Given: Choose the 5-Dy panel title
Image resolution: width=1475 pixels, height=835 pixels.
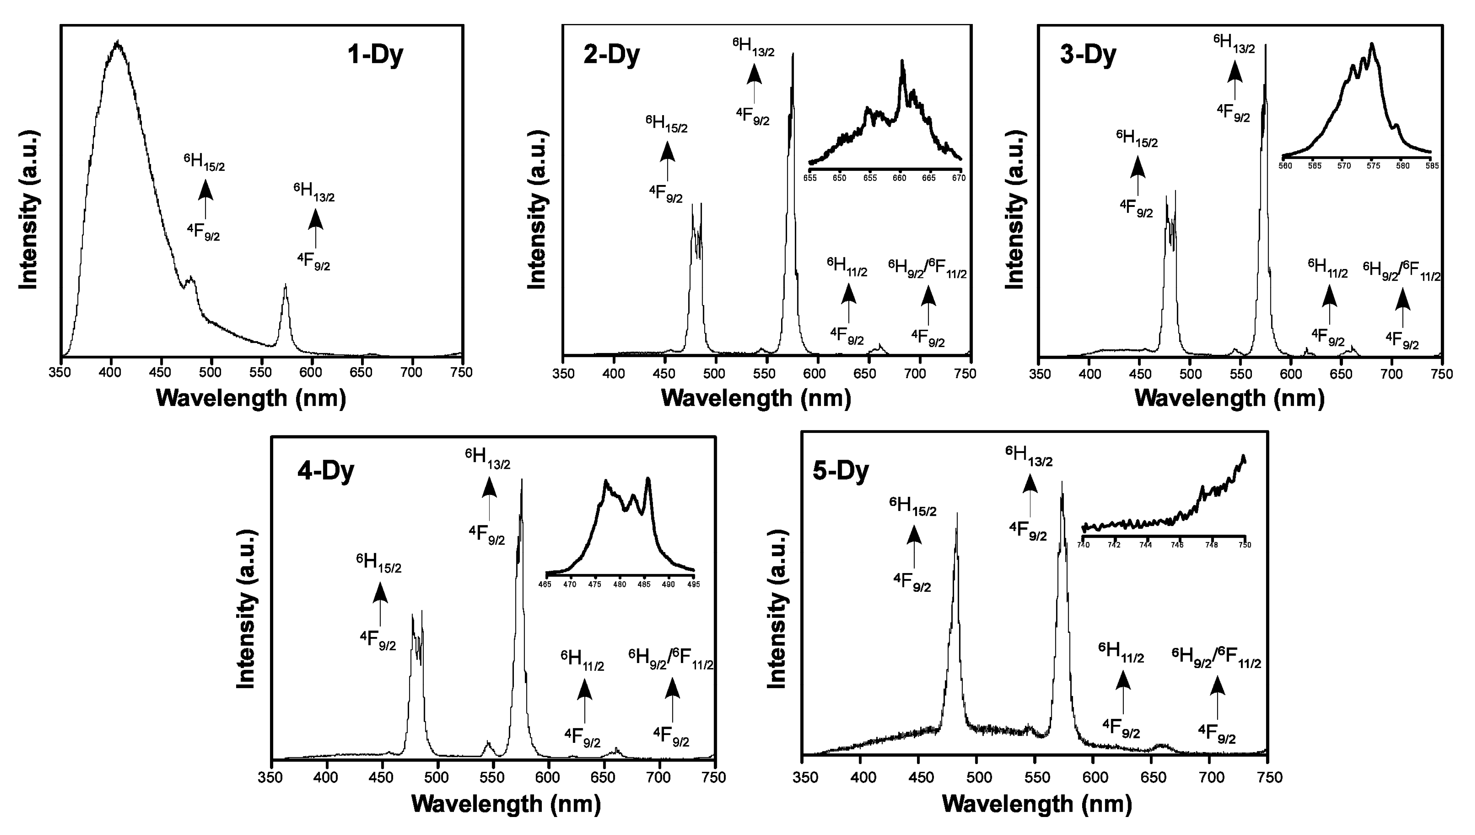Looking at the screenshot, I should click(x=840, y=471).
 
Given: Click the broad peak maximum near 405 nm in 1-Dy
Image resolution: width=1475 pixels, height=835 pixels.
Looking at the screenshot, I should click(x=118, y=42).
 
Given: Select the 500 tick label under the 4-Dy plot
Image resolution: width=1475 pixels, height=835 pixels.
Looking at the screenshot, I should click(x=437, y=778).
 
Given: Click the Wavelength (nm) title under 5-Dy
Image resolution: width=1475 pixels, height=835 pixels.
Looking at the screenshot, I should click(x=1037, y=804).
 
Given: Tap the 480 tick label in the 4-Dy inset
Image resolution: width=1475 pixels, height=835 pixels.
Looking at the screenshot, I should click(x=620, y=584).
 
